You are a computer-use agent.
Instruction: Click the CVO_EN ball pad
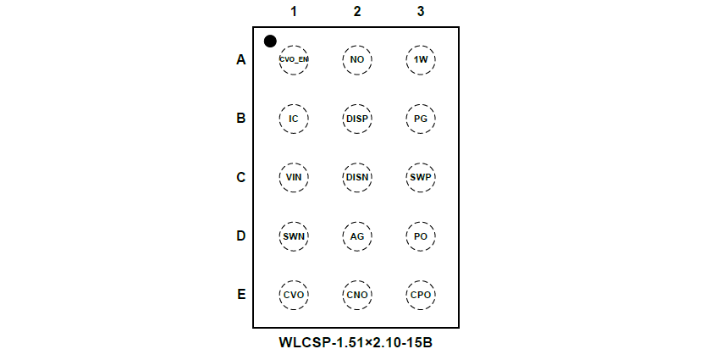coord(294,60)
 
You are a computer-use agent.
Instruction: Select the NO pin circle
coord(357,60)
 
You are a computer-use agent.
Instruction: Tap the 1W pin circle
coord(421,60)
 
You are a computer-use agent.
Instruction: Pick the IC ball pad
coord(294,119)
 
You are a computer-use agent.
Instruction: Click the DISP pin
coord(357,119)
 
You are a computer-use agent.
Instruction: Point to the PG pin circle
coord(421,119)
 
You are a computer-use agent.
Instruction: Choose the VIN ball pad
coord(294,177)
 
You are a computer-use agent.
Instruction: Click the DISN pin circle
coord(357,177)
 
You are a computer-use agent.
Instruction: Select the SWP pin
coord(421,177)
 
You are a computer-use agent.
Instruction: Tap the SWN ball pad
coord(294,235)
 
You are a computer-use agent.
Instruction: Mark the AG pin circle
coord(357,235)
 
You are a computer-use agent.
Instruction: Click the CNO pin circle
coord(357,294)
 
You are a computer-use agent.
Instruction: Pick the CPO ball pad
coord(421,294)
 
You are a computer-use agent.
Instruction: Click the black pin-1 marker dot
coord(270,41)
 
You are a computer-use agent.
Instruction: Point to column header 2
coord(357,12)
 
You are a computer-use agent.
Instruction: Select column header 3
coord(421,12)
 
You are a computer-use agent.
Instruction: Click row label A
coord(241,60)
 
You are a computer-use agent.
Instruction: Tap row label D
coord(241,235)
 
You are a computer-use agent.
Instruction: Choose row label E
coord(241,294)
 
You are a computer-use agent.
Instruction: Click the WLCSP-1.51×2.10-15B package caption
coord(356,343)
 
